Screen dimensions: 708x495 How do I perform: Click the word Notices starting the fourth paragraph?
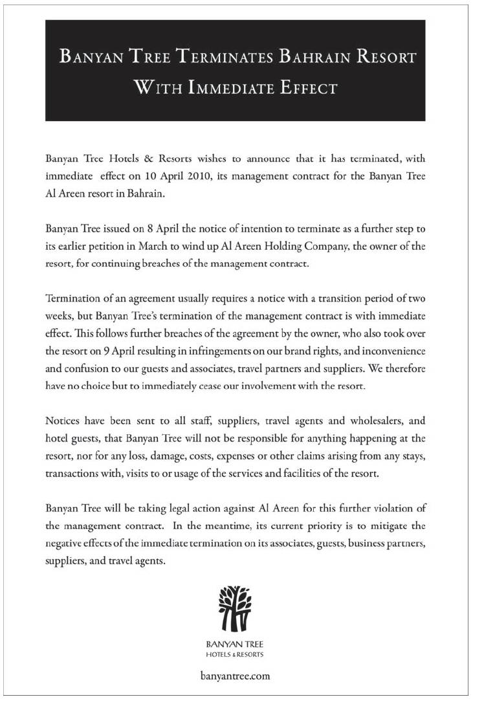point(64,420)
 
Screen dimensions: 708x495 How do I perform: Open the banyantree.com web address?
point(235,676)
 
